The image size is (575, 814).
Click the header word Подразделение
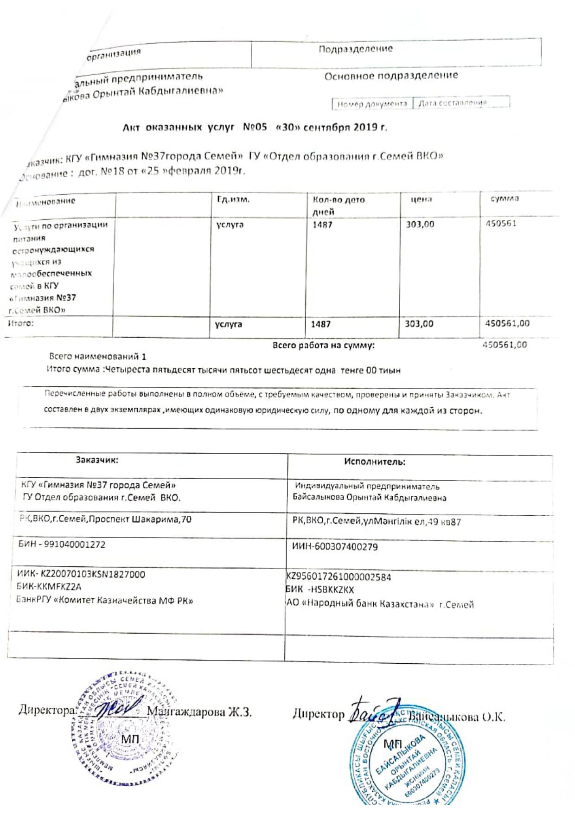point(355,49)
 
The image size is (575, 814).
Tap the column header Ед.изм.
point(233,199)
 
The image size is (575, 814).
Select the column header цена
point(421,199)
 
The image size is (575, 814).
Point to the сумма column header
point(505,199)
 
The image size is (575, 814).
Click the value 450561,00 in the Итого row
point(507,323)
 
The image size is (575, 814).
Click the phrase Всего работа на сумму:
point(324,345)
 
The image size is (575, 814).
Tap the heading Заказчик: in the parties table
point(97,460)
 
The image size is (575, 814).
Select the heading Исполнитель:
point(375,461)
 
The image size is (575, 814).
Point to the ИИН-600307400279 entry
point(335,546)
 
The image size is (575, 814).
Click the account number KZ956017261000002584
point(339,577)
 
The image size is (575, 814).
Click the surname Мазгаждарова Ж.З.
point(199,712)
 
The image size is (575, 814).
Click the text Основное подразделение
point(391,75)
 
